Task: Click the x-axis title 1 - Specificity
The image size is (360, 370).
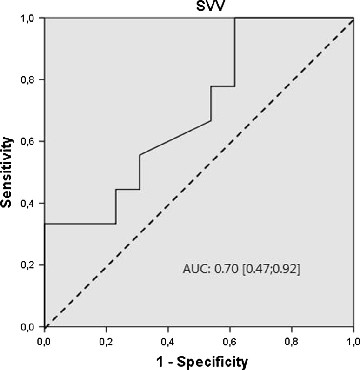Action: pos(199,361)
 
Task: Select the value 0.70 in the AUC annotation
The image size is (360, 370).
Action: pos(223,269)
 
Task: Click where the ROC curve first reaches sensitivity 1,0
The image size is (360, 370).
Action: pos(235,18)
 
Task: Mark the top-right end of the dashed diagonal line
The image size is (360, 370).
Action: pos(353,18)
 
